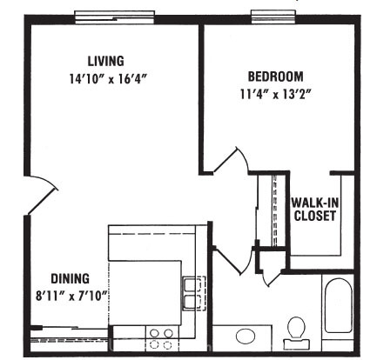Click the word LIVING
tap(106, 61)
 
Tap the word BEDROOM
tap(275, 77)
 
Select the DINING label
tap(71, 278)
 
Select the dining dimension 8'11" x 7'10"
tap(71, 297)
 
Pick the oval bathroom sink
tap(246, 337)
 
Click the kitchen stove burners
tap(161, 338)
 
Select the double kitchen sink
tap(194, 293)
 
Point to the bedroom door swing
tap(232, 160)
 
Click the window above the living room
tap(114, 17)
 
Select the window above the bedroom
tap(274, 17)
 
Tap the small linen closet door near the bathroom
tap(273, 278)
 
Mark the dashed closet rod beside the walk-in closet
tap(275, 210)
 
